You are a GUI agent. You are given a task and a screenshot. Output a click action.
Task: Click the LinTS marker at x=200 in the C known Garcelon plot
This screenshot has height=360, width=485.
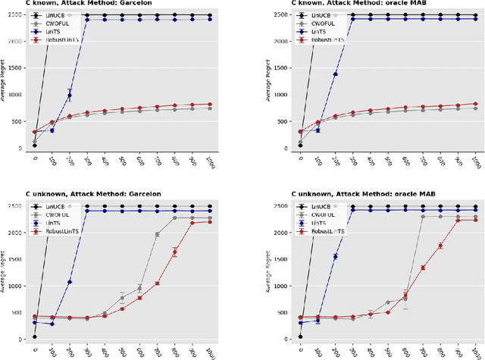tap(70, 95)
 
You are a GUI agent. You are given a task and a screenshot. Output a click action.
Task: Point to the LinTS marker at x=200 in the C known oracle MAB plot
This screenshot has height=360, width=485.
tap(335, 74)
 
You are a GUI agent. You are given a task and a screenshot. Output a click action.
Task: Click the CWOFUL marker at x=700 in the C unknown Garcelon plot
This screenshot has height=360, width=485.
tap(157, 235)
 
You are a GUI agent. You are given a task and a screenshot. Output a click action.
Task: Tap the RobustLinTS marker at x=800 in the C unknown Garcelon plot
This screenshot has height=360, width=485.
tap(174, 252)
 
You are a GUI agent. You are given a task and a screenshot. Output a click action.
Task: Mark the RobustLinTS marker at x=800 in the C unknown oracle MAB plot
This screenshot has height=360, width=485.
tap(440, 246)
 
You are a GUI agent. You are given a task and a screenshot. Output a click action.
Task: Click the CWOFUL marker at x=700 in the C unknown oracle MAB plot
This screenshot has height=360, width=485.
tap(422, 217)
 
